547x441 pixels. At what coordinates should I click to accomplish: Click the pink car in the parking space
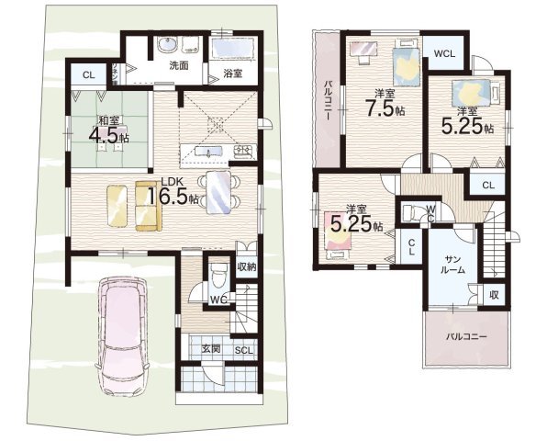click(x=123, y=336)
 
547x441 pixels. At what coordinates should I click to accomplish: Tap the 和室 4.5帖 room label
click(x=109, y=130)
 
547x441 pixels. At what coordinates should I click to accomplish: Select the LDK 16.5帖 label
click(x=173, y=192)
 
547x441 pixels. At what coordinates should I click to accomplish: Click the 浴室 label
click(x=233, y=73)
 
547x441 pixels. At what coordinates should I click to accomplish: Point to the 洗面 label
click(x=179, y=65)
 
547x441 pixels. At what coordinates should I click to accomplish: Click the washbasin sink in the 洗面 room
click(x=168, y=45)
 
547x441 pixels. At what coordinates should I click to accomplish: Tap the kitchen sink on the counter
click(x=208, y=152)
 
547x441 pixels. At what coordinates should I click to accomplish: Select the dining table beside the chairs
click(x=218, y=192)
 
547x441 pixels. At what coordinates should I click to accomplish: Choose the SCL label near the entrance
click(x=243, y=351)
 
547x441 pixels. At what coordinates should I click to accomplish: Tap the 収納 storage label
click(x=247, y=267)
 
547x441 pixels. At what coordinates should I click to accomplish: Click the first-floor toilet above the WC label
click(x=219, y=275)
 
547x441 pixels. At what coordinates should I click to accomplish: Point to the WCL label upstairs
click(x=444, y=54)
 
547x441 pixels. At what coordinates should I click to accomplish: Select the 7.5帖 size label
click(x=385, y=107)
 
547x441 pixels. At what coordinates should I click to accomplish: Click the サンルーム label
click(x=453, y=265)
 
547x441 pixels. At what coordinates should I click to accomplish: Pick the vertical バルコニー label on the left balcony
click(x=328, y=100)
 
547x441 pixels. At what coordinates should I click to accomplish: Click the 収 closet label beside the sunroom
click(x=494, y=295)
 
